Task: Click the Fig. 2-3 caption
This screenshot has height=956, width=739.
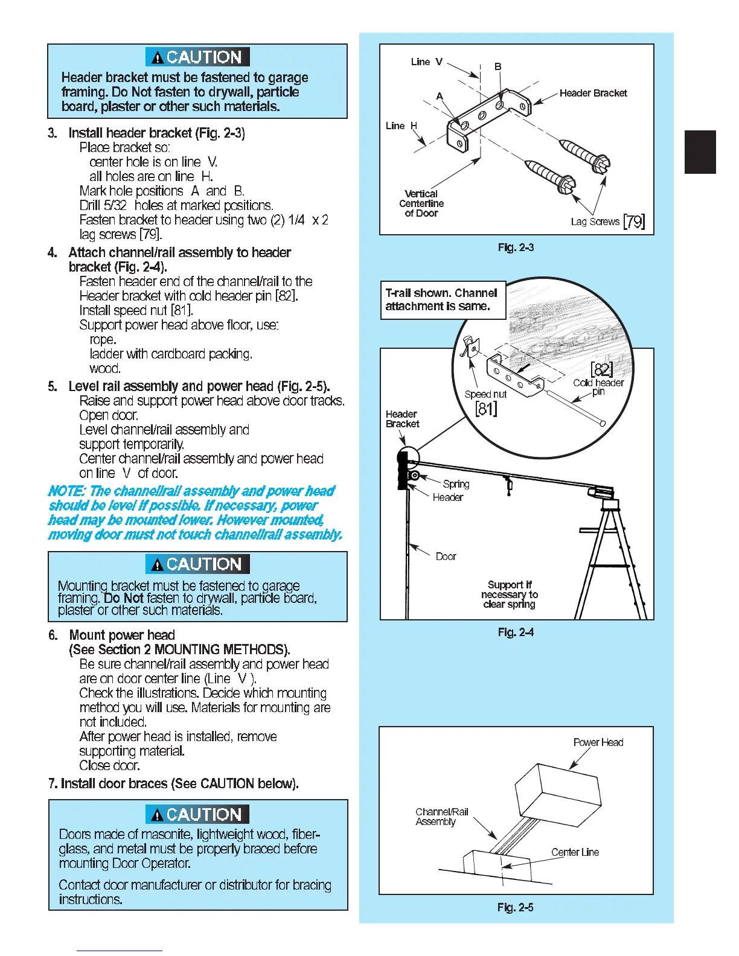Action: pos(515,247)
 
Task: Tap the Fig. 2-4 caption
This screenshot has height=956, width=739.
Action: pos(515,633)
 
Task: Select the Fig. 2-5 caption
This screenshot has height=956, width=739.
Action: pos(515,908)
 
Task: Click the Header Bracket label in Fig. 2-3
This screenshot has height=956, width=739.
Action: pos(593,93)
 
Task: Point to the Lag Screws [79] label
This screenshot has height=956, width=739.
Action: pos(607,221)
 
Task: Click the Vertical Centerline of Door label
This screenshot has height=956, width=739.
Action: pos(421,203)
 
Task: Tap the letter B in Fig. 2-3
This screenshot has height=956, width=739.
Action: pos(498,66)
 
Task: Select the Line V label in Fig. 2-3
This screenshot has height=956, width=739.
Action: pos(426,62)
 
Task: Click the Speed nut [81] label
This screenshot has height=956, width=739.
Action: pos(485,401)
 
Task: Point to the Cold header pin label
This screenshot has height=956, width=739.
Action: pos(598,386)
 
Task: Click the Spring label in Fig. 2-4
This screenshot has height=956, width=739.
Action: pos(456,484)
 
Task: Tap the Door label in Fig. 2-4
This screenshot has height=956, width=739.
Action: pos(446,556)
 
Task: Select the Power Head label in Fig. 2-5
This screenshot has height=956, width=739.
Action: pos(598,742)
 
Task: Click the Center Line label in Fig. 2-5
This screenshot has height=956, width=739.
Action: pos(575,852)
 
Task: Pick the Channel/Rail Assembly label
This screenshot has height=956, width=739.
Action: pos(441,817)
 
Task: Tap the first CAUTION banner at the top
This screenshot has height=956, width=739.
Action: pos(197,57)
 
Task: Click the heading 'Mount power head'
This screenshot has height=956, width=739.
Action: pos(122,635)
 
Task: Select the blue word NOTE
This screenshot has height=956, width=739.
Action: pos(66,491)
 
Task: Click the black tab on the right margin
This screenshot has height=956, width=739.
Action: pos(700,152)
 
